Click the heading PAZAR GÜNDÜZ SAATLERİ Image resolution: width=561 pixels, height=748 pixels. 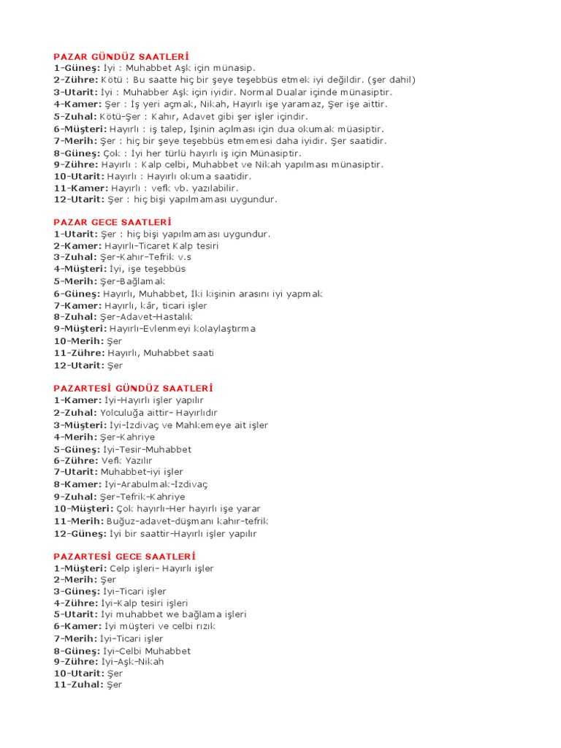pyautogui.click(x=121, y=56)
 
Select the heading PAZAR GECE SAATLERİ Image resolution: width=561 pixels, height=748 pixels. pyautogui.click(x=112, y=222)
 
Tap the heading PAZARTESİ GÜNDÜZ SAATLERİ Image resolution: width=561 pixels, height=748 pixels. pyautogui.click(x=133, y=389)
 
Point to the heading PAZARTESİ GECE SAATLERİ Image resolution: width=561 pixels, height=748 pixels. pyautogui.click(x=124, y=556)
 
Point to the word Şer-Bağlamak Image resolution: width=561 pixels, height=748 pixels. pyautogui.click(x=135, y=281)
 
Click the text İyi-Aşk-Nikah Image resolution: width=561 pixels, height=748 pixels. pyautogui.click(x=133, y=662)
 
